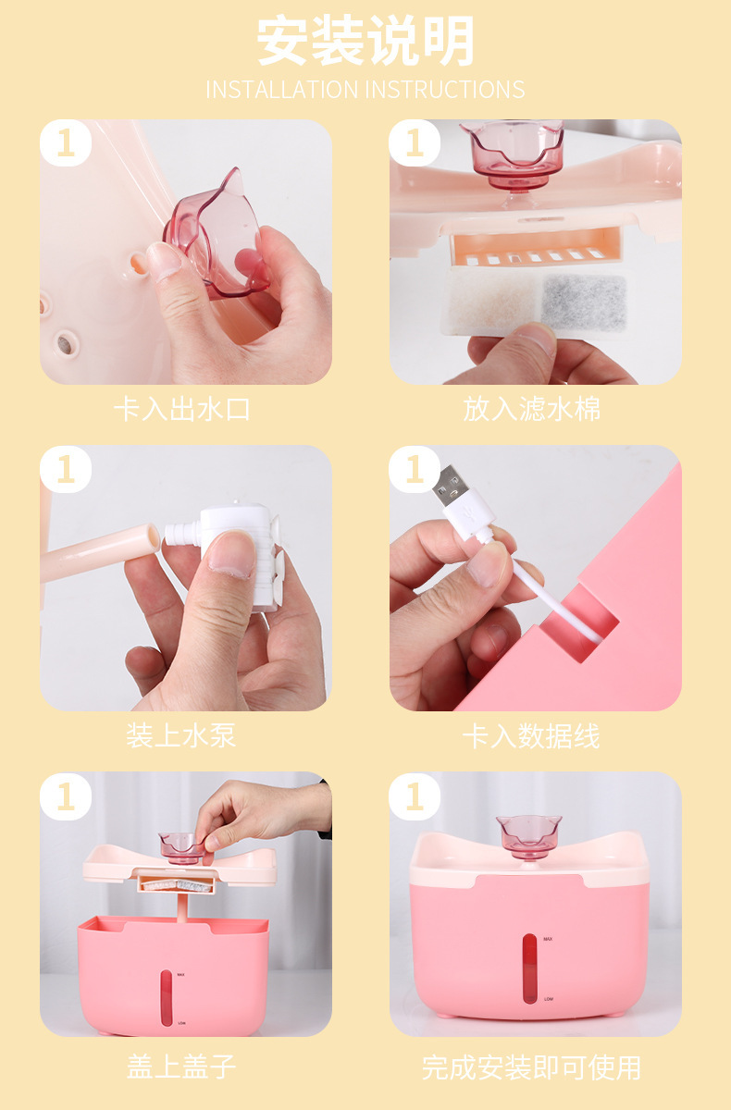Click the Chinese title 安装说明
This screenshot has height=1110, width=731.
tap(365, 40)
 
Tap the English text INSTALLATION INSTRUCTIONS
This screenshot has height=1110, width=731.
tap(365, 90)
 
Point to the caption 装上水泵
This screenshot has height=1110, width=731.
tap(180, 735)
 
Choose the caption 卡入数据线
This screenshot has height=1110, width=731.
tap(531, 735)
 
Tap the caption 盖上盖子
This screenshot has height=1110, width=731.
tap(181, 1067)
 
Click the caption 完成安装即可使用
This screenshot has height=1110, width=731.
tap(531, 1067)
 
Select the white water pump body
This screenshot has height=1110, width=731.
tap(238, 555)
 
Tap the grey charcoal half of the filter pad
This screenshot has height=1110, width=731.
tap(584, 302)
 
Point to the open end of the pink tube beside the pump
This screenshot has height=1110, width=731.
tap(152, 536)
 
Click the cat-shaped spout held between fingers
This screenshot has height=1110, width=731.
tap(216, 235)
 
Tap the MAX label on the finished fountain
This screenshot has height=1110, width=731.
tap(548, 939)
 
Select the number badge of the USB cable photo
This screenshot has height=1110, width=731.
tap(415, 469)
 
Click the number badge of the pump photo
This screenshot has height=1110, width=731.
tap(66, 469)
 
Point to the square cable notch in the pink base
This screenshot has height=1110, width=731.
tap(580, 623)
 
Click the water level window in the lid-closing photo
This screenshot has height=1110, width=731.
tap(167, 997)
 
